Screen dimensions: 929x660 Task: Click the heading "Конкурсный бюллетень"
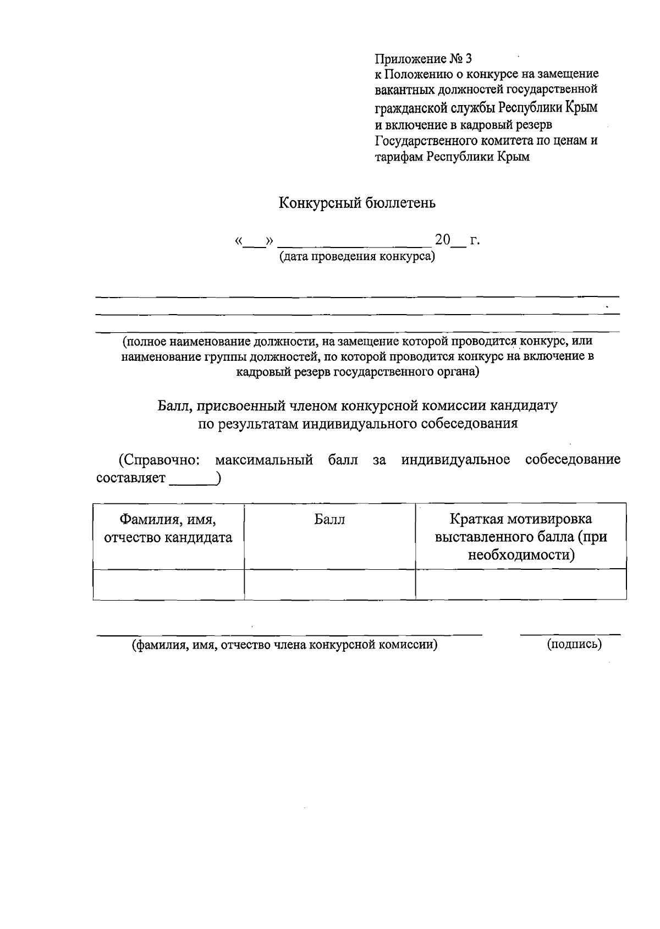[358, 204]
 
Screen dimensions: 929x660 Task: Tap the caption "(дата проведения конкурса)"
[357, 256]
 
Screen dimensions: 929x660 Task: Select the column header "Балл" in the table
[329, 520]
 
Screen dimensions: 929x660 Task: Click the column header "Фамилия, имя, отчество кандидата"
[168, 529]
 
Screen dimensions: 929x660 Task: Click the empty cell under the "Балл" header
[329, 584]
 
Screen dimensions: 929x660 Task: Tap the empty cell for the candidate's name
[168, 584]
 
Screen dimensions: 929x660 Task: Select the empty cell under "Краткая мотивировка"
[521, 584]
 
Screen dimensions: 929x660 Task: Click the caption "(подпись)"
[574, 644]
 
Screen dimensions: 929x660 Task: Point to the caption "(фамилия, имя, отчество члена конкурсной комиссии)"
[284, 645]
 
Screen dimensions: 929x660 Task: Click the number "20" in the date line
[442, 240]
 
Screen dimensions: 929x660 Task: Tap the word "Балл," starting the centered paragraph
[176, 406]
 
